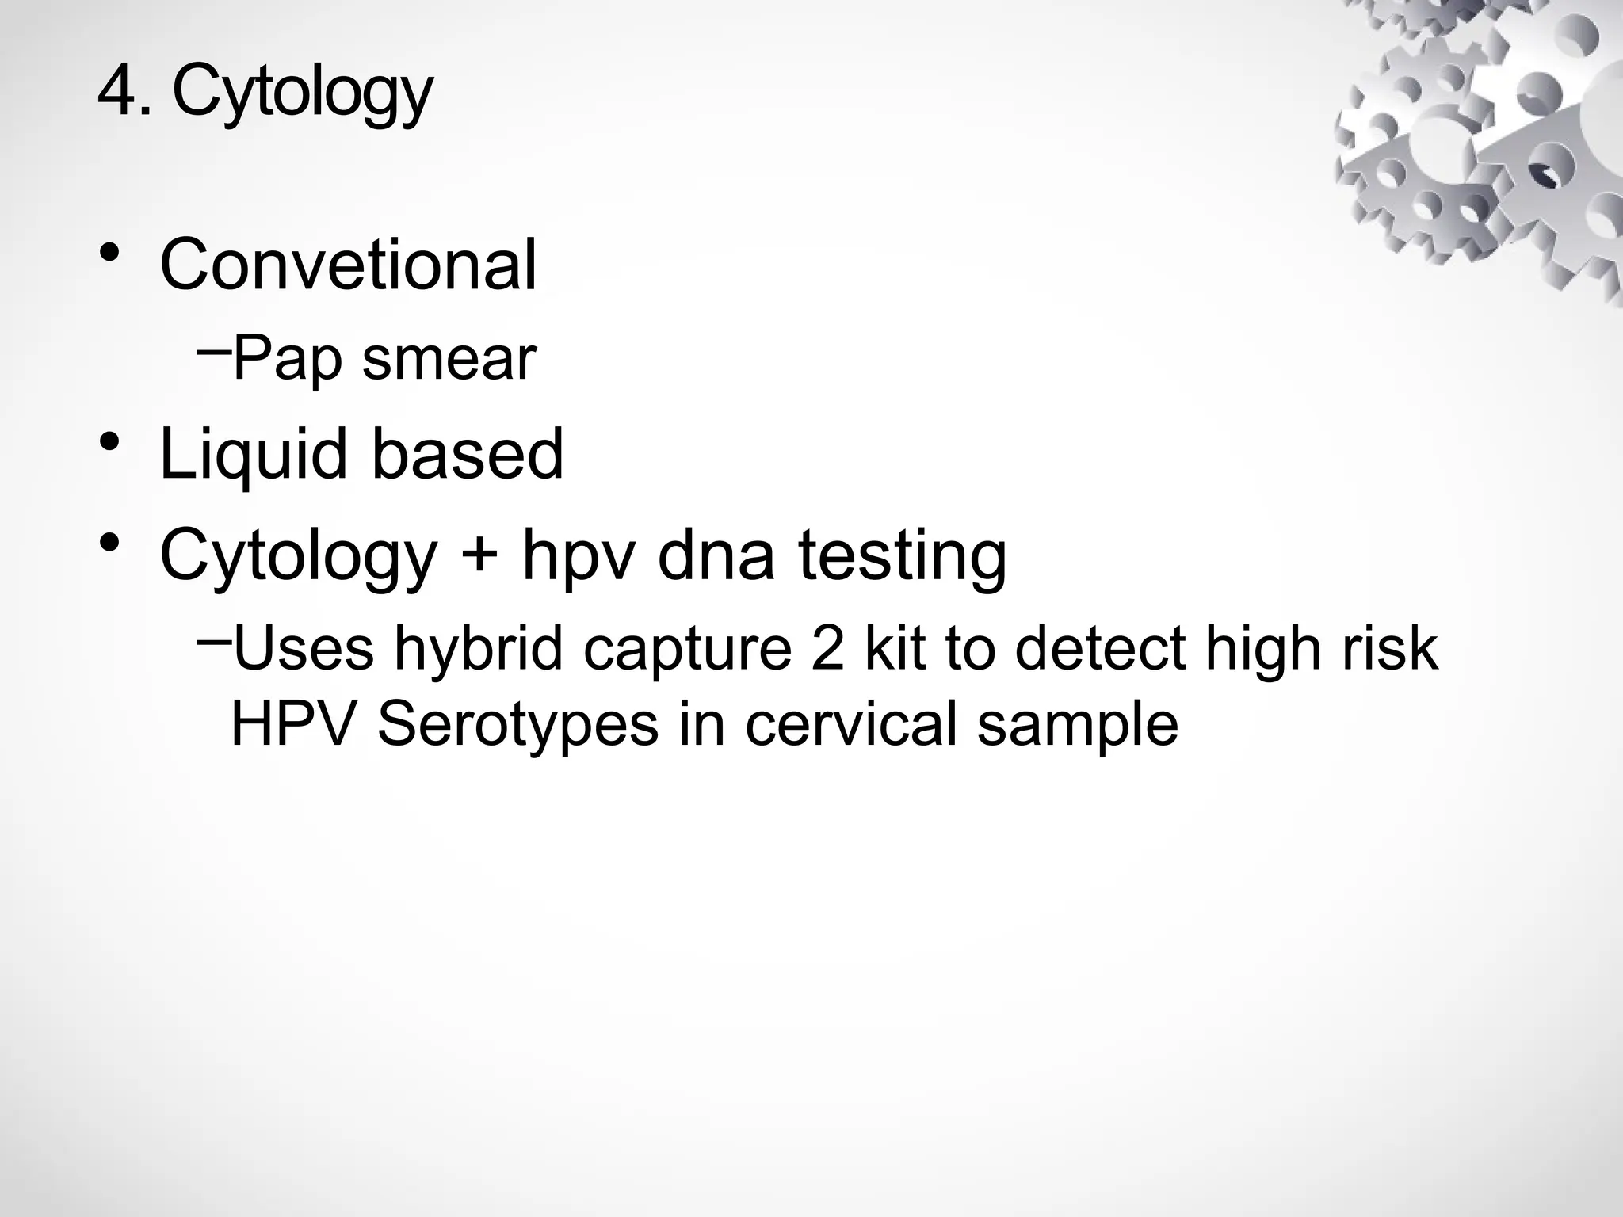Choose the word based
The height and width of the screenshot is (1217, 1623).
point(467,454)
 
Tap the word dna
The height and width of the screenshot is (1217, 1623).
point(716,555)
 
